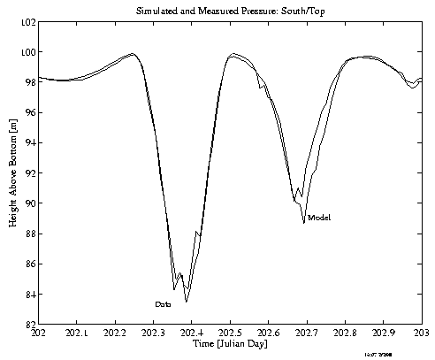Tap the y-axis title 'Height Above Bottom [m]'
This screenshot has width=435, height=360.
pyautogui.click(x=12, y=172)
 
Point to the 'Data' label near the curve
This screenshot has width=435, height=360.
pyautogui.click(x=163, y=304)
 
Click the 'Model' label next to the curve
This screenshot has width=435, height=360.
pyautogui.click(x=319, y=218)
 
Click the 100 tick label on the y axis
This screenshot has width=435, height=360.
pyautogui.click(x=27, y=52)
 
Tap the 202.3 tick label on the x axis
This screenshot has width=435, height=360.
pyautogui.click(x=154, y=333)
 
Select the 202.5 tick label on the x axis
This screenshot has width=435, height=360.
pyautogui.click(x=231, y=333)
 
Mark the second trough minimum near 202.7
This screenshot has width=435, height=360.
pyautogui.click(x=303, y=223)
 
